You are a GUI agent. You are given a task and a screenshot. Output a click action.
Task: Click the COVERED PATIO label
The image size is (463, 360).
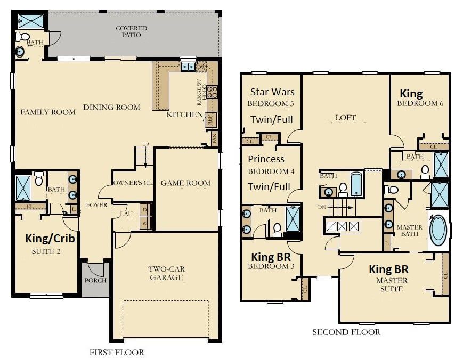(x=131, y=31)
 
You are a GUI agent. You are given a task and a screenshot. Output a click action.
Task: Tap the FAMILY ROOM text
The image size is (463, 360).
(x=48, y=112)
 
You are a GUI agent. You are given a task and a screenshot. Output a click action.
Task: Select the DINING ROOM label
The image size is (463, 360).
(x=111, y=107)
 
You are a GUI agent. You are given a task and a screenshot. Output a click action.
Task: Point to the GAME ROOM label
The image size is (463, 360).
(x=185, y=183)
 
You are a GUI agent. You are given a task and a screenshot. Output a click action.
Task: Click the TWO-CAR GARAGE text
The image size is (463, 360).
(x=166, y=273)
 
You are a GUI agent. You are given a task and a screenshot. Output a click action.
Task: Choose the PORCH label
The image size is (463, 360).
(x=95, y=280)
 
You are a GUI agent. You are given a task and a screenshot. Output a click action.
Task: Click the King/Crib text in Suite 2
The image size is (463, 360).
(x=50, y=239)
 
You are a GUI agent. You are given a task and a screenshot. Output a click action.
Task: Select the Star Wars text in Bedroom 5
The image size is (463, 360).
(x=272, y=92)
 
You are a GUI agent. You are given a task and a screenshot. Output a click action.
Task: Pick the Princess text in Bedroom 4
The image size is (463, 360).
(x=266, y=159)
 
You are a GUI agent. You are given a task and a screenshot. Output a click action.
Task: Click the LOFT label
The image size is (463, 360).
(x=345, y=117)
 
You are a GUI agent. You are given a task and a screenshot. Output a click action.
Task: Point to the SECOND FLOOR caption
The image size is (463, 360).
(x=346, y=332)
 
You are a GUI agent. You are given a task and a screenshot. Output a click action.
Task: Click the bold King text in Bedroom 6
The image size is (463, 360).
(x=411, y=94)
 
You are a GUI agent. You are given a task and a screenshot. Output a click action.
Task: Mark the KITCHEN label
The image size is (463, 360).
(x=184, y=114)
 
